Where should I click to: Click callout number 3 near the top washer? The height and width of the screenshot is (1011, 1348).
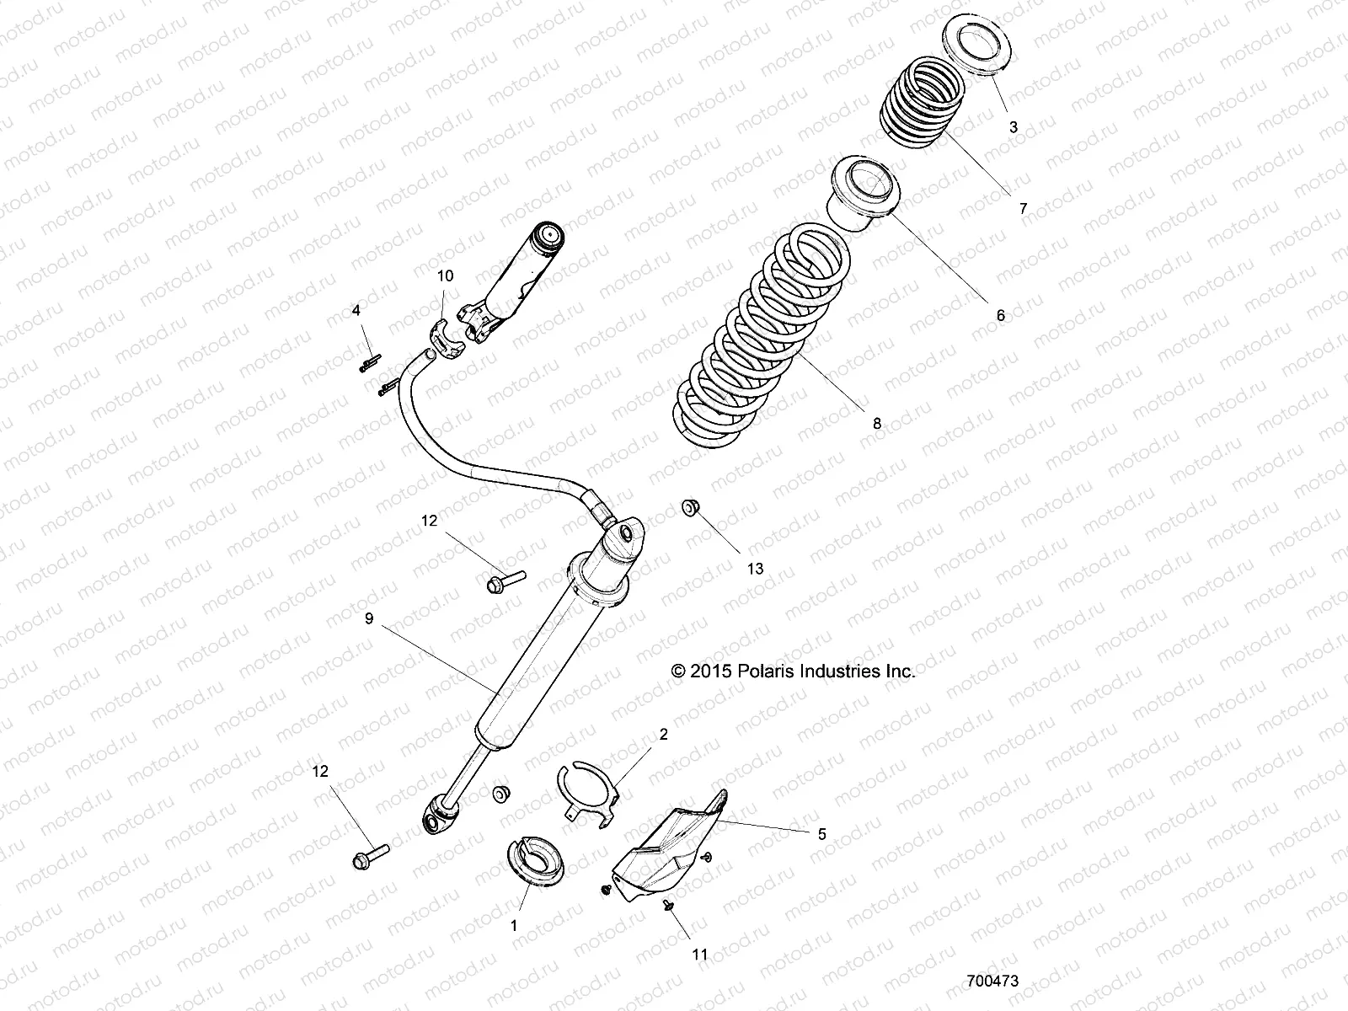pyautogui.click(x=1014, y=127)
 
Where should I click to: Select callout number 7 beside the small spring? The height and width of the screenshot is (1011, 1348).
pyautogui.click(x=1024, y=209)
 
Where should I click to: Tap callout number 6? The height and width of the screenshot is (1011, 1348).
pyautogui.click(x=1001, y=316)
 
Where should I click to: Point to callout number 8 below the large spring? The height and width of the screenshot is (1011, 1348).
pyautogui.click(x=876, y=424)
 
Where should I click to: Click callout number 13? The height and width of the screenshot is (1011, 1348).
pyautogui.click(x=755, y=569)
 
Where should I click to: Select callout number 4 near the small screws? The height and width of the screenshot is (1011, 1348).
pyautogui.click(x=356, y=311)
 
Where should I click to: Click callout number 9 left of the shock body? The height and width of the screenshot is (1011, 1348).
pyautogui.click(x=369, y=618)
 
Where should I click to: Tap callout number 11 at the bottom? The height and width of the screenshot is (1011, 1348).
pyautogui.click(x=700, y=955)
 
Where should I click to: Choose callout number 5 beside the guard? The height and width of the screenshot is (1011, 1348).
pyautogui.click(x=821, y=834)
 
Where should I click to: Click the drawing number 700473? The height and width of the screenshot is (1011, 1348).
pyautogui.click(x=994, y=982)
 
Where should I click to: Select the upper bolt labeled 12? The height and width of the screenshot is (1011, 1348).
pyautogui.click(x=505, y=580)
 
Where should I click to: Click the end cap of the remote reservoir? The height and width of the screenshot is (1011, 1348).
pyautogui.click(x=549, y=237)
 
